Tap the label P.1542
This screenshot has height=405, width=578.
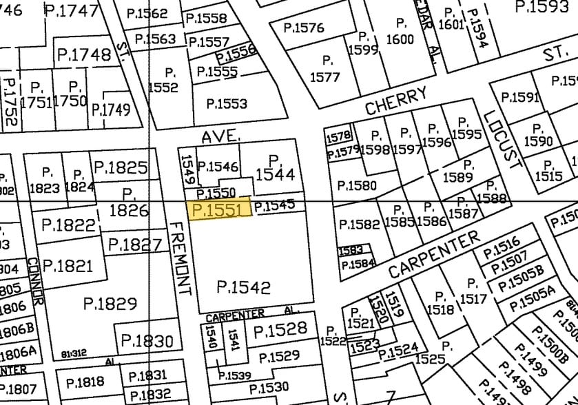[x=243, y=287]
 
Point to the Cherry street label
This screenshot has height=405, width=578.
[x=396, y=101]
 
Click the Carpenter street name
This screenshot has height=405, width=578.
[x=433, y=254]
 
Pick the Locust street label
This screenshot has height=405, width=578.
[x=501, y=138]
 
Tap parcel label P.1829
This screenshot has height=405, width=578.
[x=110, y=302]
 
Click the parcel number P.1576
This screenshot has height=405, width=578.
[x=304, y=28]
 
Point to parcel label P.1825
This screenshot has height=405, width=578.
[x=121, y=167]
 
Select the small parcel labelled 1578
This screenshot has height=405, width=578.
[x=339, y=136]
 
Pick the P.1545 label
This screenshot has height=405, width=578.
[x=274, y=205]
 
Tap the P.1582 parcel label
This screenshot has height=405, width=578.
[x=358, y=225]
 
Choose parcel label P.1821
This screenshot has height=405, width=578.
[x=67, y=266]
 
